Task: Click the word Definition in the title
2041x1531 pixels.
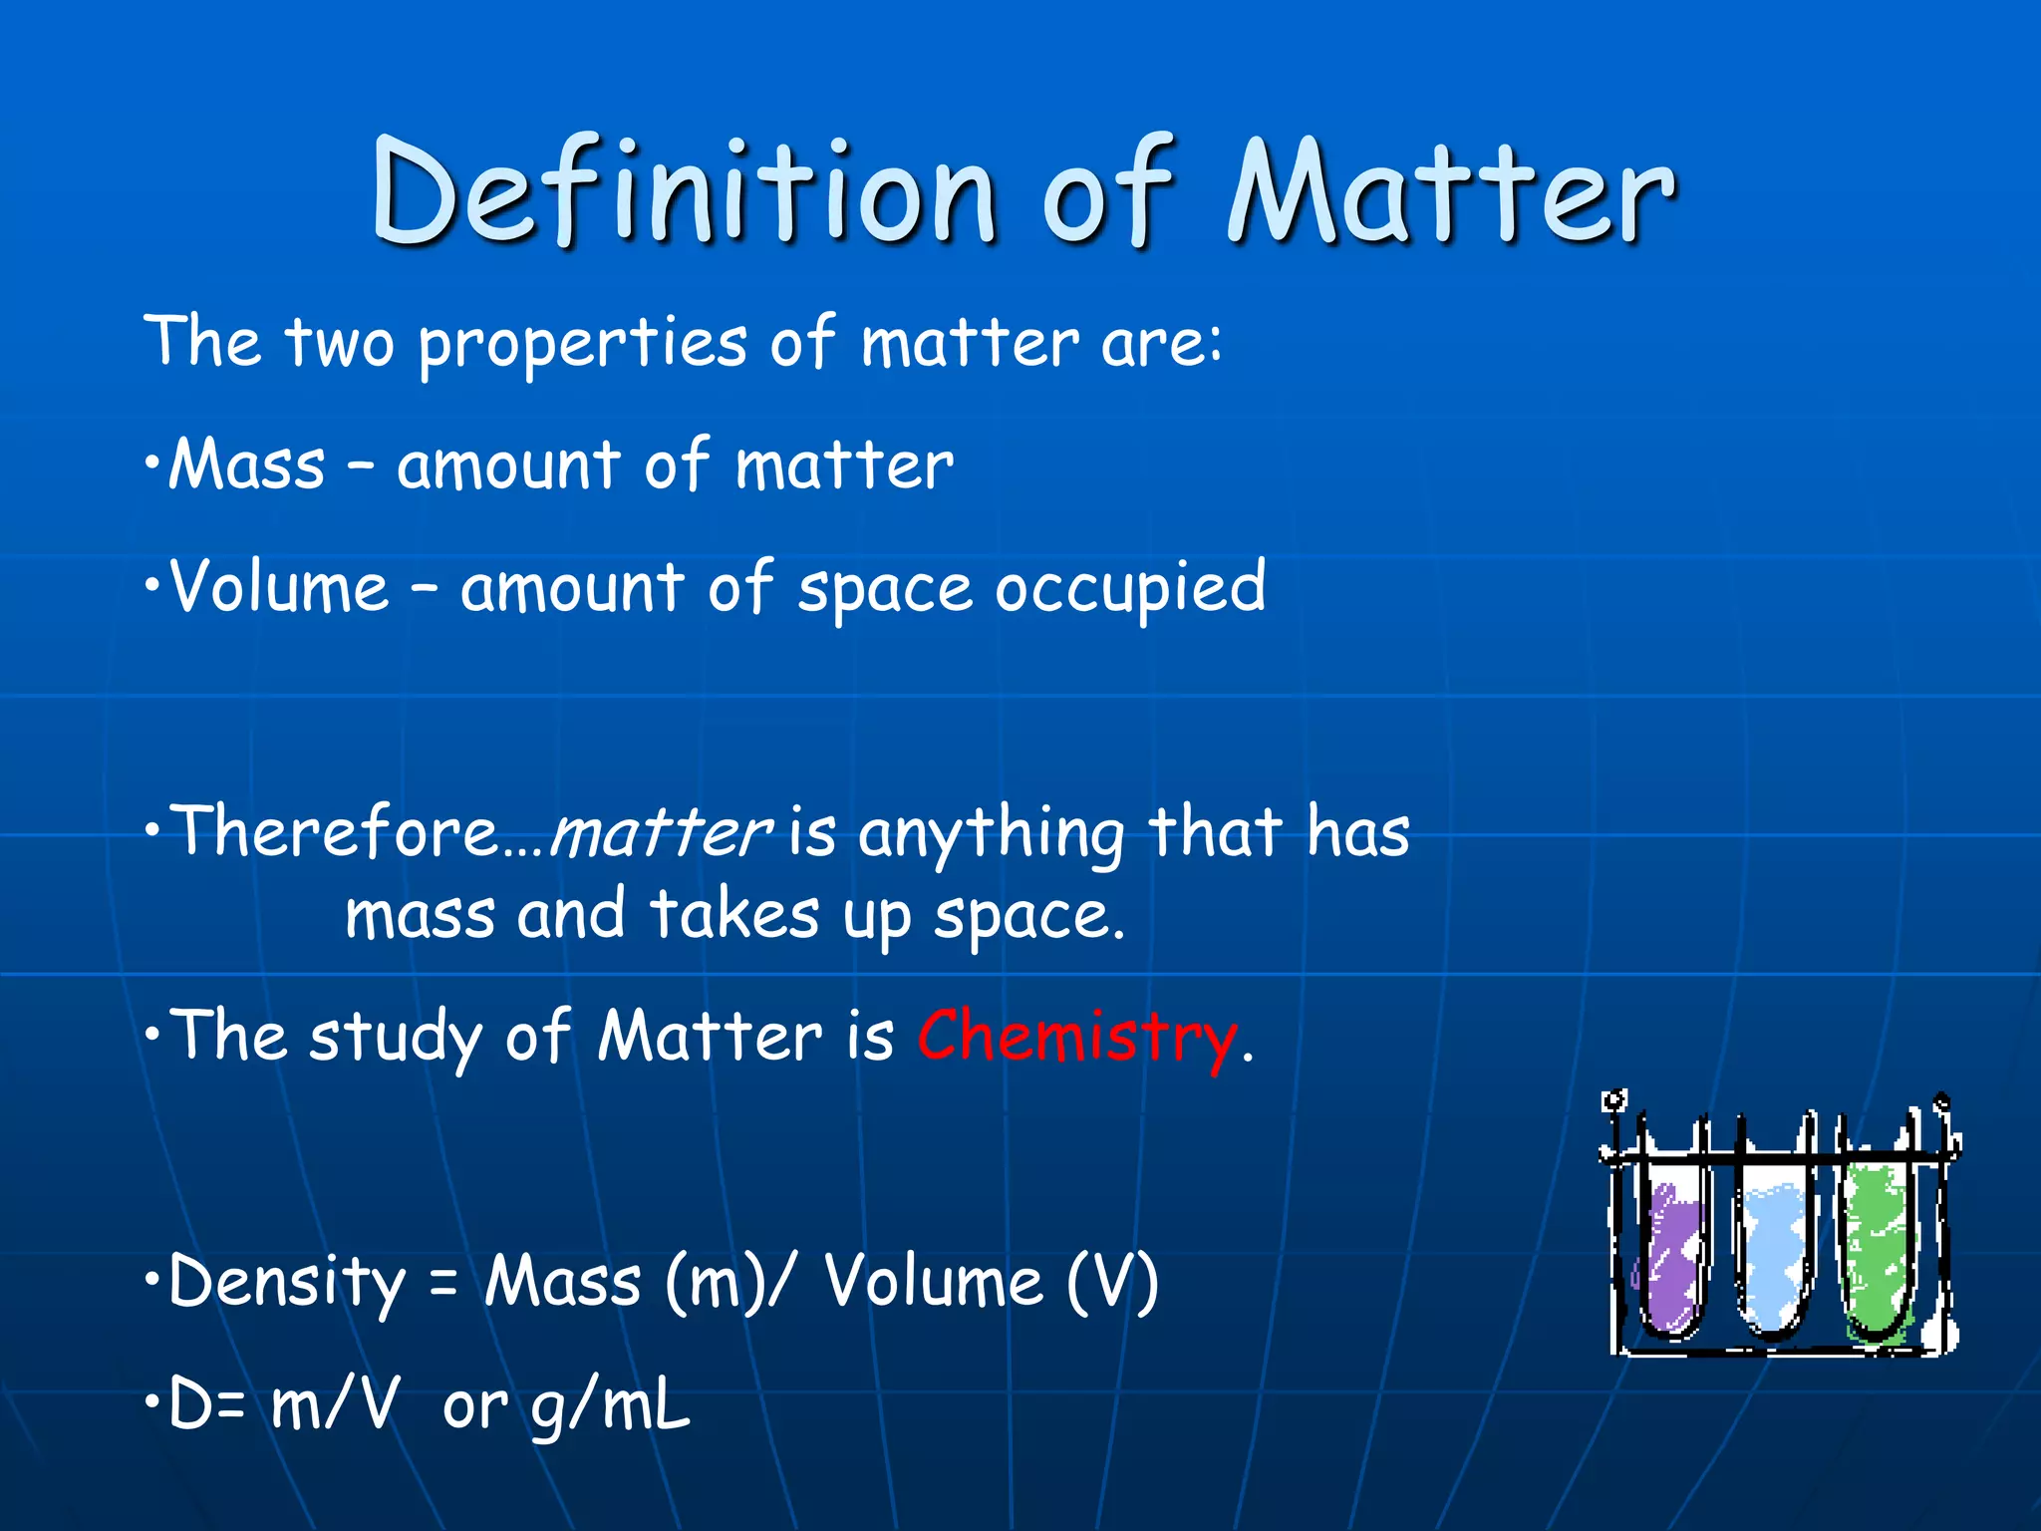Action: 684,191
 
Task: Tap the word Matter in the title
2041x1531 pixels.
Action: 1451,191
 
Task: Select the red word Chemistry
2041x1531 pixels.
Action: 1076,1037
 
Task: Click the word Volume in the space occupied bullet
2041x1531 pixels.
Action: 279,587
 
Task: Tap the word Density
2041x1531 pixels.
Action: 287,1283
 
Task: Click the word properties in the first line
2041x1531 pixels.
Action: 582,345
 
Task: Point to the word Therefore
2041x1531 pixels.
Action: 335,831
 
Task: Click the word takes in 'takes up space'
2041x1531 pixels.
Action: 734,915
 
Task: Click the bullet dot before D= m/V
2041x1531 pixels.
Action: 150,1402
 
